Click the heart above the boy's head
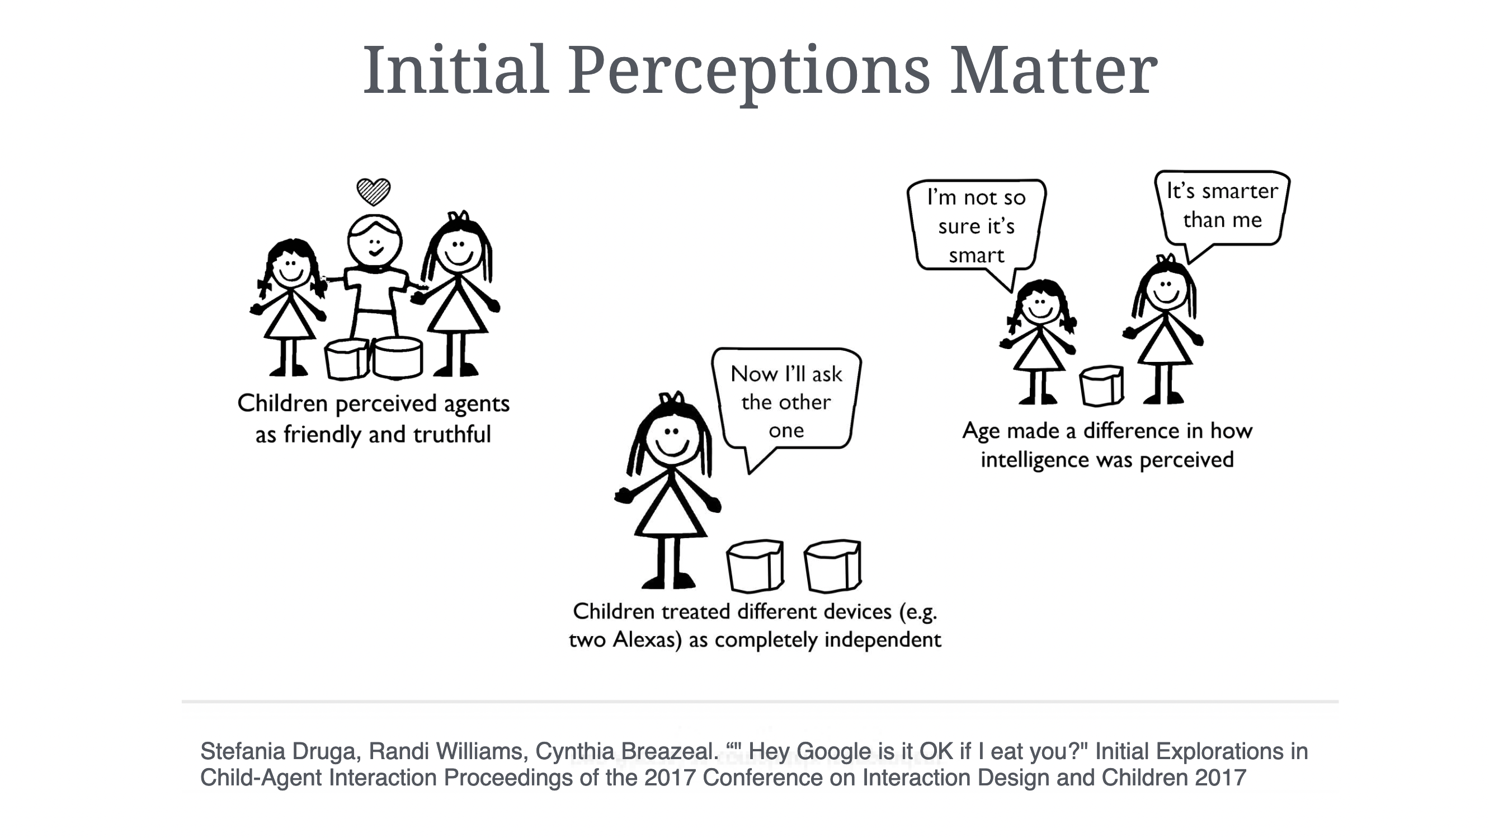pyautogui.click(x=374, y=192)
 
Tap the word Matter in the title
pyautogui.click(x=1054, y=70)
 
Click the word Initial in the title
pyautogui.click(x=456, y=70)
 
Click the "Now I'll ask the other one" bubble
pyautogui.click(x=786, y=404)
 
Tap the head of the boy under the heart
pyautogui.click(x=375, y=242)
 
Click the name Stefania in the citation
pyautogui.click(x=242, y=751)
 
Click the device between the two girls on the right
pyautogui.click(x=1102, y=385)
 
